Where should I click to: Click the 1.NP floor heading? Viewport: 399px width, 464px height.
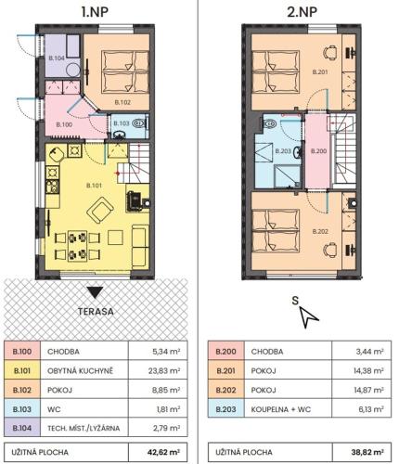(x=95, y=12)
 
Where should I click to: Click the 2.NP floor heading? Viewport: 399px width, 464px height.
(x=302, y=12)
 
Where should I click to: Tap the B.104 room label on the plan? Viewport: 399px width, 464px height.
(x=57, y=58)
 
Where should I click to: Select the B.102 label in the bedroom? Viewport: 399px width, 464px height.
(x=122, y=102)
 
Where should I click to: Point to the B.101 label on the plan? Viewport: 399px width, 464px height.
(x=94, y=186)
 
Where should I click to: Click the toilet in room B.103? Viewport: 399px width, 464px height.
(x=138, y=123)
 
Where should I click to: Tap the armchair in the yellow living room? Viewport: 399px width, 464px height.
(x=99, y=210)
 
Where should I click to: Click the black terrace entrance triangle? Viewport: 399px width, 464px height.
(x=95, y=292)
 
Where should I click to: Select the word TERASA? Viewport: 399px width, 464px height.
(x=96, y=312)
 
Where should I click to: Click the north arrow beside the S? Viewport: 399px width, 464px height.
(x=308, y=318)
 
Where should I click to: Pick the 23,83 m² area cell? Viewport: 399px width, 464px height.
(x=158, y=370)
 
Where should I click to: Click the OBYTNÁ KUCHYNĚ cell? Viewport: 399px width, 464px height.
(x=84, y=370)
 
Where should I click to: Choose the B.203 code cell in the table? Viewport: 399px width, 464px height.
(x=225, y=409)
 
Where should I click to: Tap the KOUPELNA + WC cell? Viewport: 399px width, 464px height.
(x=288, y=409)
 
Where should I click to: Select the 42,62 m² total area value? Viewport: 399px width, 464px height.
(x=164, y=452)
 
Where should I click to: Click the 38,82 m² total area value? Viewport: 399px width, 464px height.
(x=367, y=452)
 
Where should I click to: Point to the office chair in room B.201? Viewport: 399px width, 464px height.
(x=330, y=52)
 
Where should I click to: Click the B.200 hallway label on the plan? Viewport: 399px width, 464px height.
(x=319, y=151)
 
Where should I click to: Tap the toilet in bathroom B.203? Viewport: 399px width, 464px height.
(x=270, y=123)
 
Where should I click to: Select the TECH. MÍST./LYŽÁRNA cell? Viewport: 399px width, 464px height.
(x=84, y=428)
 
